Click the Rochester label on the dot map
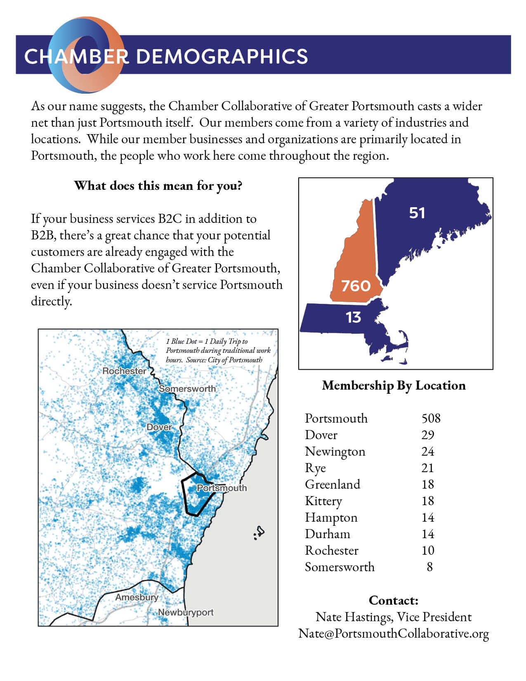tap(124, 371)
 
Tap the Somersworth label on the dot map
tap(187, 389)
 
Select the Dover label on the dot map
tap(159, 427)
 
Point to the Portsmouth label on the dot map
tap(222, 488)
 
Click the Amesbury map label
tap(137, 597)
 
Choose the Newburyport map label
tap(186, 612)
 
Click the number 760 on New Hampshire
tap(356, 286)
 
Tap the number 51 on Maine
tap(417, 213)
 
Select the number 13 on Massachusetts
tap(353, 317)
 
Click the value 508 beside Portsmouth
tap(431, 419)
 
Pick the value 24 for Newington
tap(427, 452)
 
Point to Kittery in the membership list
tap(323, 501)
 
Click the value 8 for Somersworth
tap(429, 567)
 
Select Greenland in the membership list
tap(333, 485)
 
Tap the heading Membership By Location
tap(394, 385)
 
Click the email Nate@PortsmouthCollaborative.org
tap(394, 634)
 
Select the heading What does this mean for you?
tap(158, 186)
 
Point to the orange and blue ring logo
tap(87, 54)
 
